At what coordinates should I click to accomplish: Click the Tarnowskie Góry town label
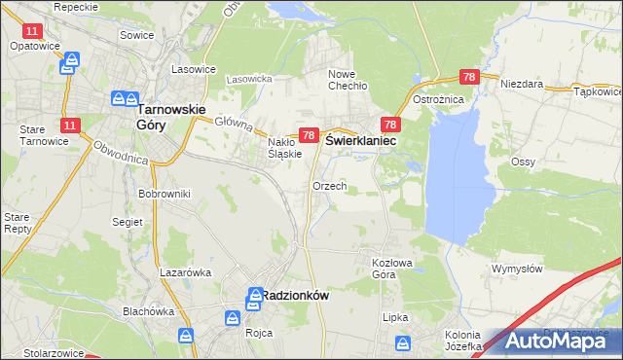click(x=171, y=117)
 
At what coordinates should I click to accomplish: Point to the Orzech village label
click(x=329, y=186)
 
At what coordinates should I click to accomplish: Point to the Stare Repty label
click(x=18, y=223)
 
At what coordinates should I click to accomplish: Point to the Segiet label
click(x=128, y=222)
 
